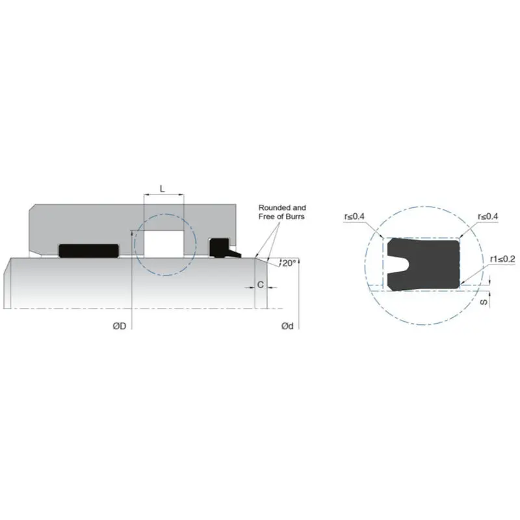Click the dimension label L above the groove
click(x=162, y=188)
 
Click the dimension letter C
click(x=260, y=284)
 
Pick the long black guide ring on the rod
click(x=89, y=250)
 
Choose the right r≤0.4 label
click(x=487, y=216)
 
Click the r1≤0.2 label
click(x=502, y=259)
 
